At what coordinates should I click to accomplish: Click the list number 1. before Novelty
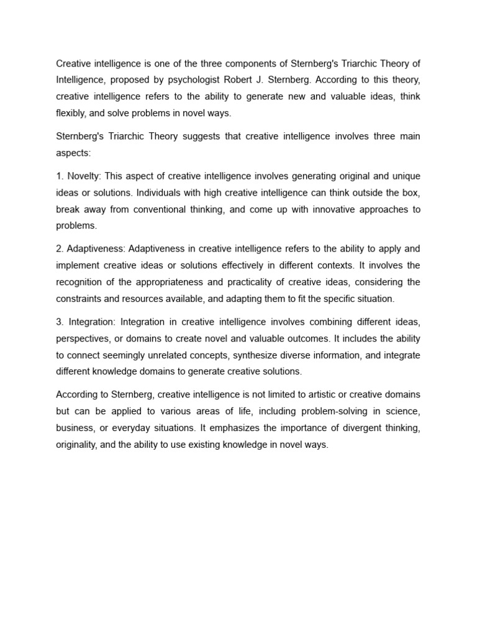pyautogui.click(x=60, y=176)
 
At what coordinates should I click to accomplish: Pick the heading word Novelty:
pyautogui.click(x=84, y=176)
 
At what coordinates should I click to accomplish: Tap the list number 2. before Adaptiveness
pyautogui.click(x=60, y=248)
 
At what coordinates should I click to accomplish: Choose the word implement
pyautogui.click(x=78, y=265)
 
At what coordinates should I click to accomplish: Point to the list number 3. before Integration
pyautogui.click(x=60, y=321)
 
